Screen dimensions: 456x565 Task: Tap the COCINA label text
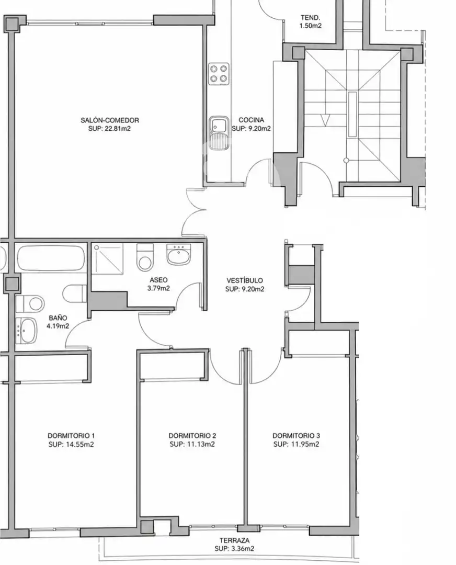[x=251, y=120]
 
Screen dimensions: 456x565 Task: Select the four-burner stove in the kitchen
[x=219, y=74]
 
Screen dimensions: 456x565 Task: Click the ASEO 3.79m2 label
[x=158, y=284]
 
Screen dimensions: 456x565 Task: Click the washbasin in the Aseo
[x=179, y=254]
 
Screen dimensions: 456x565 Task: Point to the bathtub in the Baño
[x=51, y=258]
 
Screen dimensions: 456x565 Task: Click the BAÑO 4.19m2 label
[x=58, y=322]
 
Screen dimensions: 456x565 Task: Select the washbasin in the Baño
[x=27, y=331]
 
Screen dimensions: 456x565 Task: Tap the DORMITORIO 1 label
[x=71, y=435]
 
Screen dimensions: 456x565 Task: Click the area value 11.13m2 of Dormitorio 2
[x=201, y=444]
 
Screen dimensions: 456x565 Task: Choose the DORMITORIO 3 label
[x=296, y=436]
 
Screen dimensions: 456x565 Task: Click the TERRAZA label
[x=234, y=540]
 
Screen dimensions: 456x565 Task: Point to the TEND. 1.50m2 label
[x=310, y=21]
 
